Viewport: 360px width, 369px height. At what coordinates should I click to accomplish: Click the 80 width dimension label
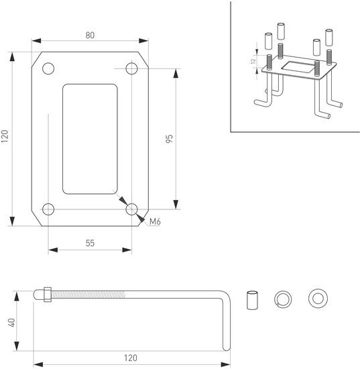[x=90, y=35]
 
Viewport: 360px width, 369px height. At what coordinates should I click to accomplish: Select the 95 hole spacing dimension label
[x=169, y=138]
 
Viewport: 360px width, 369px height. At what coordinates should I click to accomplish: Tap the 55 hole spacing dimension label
[x=90, y=243]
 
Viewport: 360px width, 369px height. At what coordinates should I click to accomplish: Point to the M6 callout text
[x=155, y=221]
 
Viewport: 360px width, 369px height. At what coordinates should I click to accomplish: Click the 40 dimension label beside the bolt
[x=12, y=323]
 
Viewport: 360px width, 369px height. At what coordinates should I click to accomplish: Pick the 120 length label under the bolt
[x=131, y=358]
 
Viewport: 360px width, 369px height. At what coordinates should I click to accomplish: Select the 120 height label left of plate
[x=5, y=136]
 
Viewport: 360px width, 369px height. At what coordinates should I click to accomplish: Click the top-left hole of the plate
[x=48, y=68]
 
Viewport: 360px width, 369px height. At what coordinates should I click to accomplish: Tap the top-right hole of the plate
[x=131, y=68]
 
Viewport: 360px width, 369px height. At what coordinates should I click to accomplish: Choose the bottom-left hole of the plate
[x=48, y=209]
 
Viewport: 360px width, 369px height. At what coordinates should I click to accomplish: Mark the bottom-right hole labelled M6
[x=131, y=209]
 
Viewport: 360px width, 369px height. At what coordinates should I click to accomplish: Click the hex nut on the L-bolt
[x=48, y=295]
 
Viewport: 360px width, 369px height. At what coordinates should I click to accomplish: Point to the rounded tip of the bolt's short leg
[x=227, y=348]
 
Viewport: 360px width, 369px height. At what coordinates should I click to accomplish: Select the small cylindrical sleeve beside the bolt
[x=252, y=300]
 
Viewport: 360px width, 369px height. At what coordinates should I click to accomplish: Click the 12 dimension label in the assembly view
[x=253, y=61]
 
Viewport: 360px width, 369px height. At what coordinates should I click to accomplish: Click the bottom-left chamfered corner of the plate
[x=37, y=219]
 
